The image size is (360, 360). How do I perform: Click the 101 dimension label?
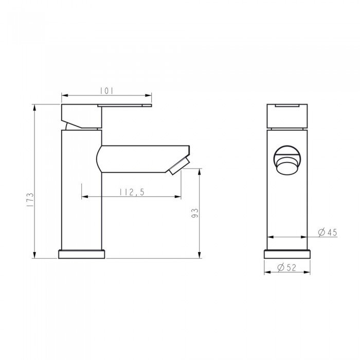[106, 91]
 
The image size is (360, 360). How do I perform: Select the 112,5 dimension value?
[131, 192]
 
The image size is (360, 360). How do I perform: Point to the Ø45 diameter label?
[327, 232]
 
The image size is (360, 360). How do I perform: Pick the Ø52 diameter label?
[286, 267]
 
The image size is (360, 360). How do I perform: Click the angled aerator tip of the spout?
[178, 166]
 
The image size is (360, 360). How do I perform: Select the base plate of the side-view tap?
[82, 254]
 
